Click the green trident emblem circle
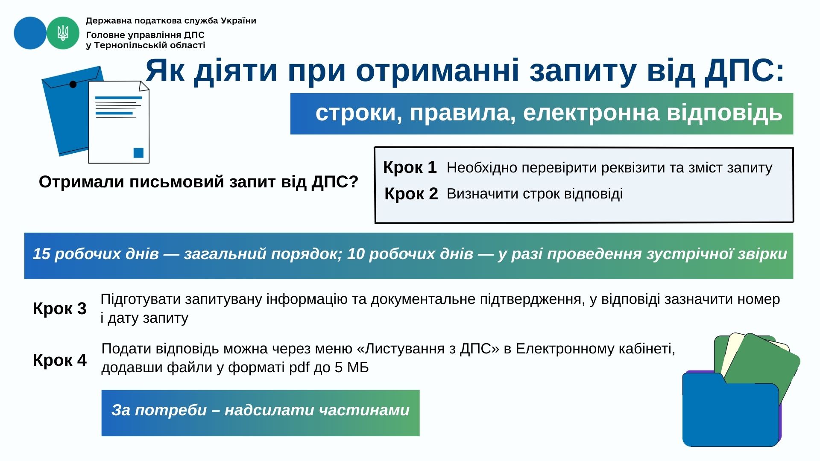pos(63,33)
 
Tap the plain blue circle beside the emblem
pos(30,33)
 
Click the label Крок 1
pos(410,167)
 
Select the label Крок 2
pos(411,194)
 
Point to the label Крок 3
pos(59,309)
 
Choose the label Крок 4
pos(59,360)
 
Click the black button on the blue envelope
pos(73,85)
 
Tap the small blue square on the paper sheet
pos(138,153)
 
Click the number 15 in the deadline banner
pos(41,254)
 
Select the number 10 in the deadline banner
pos(356,254)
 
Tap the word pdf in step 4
pos(299,368)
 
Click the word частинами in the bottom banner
pos(364,410)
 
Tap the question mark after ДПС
pos(353,182)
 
